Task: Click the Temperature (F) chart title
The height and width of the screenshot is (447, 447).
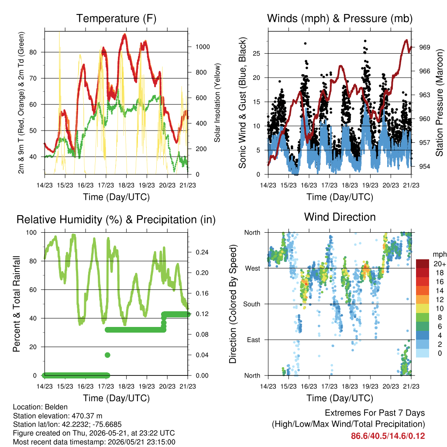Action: point(116,18)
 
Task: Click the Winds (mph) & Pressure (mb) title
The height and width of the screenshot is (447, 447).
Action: point(340,18)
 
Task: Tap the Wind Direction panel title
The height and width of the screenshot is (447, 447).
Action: point(340,217)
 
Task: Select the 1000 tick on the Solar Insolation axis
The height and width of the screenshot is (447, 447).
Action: point(203,47)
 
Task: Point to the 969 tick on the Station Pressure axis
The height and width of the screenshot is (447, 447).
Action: point(424,47)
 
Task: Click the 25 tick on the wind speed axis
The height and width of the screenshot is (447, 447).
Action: point(257,53)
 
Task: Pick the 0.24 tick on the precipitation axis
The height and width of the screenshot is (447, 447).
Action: point(202,252)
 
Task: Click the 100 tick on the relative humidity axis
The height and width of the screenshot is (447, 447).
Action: point(31,233)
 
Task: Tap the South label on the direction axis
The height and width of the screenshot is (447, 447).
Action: point(252,304)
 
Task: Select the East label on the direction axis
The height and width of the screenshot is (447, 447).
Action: point(254,340)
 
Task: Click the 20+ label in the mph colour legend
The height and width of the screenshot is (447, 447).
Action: point(440,264)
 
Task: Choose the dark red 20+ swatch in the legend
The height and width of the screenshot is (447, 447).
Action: point(423,264)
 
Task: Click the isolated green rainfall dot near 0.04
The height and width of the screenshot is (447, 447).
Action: point(107,355)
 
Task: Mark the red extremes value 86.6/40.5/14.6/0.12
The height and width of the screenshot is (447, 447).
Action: point(388,436)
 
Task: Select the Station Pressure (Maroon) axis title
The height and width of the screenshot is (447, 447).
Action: point(439,103)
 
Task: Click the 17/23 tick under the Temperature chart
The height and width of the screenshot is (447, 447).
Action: point(106,185)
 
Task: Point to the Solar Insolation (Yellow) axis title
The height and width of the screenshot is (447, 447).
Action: point(217,103)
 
